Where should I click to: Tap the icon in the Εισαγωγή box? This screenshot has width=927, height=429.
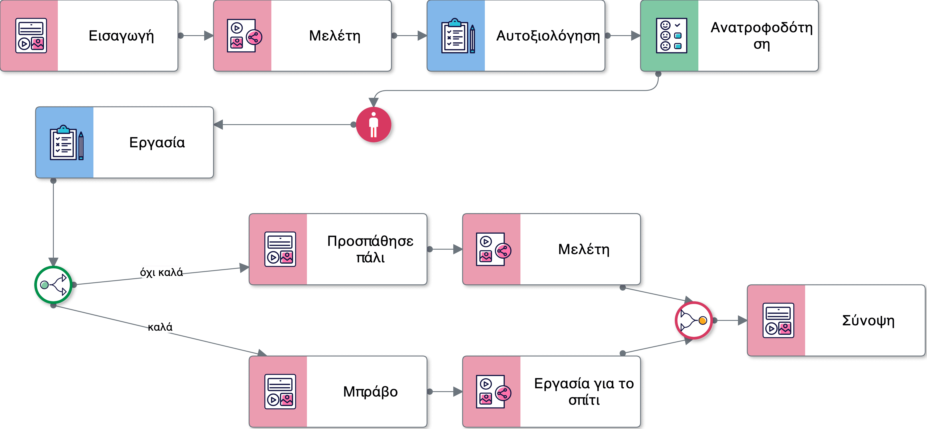point(31,36)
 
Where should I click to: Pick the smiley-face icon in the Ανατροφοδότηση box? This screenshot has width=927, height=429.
point(671,36)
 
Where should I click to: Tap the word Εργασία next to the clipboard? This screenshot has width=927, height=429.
point(157,143)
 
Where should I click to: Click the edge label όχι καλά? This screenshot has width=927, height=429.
point(161,272)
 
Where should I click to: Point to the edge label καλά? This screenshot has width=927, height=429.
point(160,327)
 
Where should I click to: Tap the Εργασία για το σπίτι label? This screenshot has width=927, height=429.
point(584,392)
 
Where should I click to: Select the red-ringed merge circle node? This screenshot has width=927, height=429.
point(693,320)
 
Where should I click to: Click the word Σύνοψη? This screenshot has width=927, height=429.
point(868,320)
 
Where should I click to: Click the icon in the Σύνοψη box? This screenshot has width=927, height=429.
point(778,320)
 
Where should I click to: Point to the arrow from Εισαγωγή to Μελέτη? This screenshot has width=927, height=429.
point(196,36)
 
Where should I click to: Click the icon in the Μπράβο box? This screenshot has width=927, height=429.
point(280,392)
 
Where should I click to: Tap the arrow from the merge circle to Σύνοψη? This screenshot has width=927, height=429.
point(731,320)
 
